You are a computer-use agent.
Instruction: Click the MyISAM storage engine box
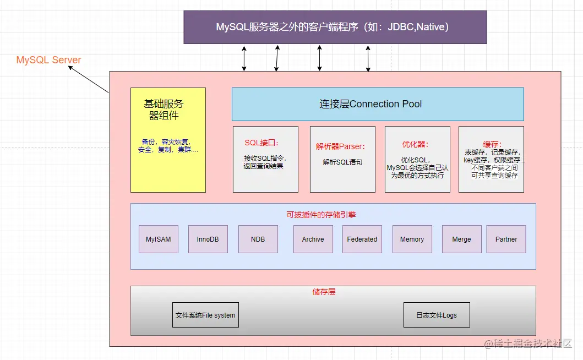tap(159, 239)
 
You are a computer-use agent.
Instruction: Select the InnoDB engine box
tap(208, 239)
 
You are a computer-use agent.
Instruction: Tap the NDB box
tap(258, 239)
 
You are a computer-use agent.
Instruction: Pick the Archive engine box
tap(313, 239)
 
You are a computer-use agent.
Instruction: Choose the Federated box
tap(362, 239)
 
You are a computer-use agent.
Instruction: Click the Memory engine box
tap(412, 239)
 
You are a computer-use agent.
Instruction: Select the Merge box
tap(461, 239)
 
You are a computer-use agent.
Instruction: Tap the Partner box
tap(506, 239)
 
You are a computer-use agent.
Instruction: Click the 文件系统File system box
tap(205, 315)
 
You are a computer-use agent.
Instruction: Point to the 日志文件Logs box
tap(437, 315)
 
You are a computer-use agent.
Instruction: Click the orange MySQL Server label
tap(48, 60)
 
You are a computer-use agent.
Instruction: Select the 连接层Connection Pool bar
tap(377, 104)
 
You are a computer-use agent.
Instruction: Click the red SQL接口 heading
tap(261, 143)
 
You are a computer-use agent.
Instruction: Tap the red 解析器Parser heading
tap(341, 147)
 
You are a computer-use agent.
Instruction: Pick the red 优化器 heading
tap(415, 144)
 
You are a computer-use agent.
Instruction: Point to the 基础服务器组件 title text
tap(164, 110)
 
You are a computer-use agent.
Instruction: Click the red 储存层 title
tap(324, 292)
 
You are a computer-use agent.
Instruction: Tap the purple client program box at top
tap(335, 27)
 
